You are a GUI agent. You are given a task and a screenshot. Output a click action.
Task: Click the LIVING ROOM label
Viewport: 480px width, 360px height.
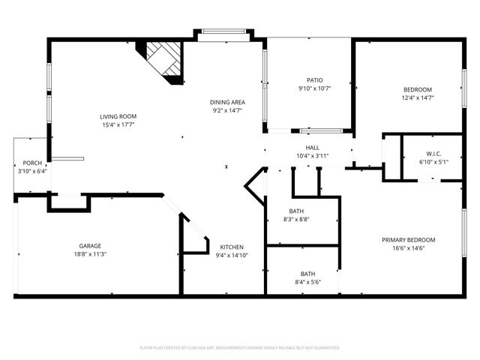click(118, 116)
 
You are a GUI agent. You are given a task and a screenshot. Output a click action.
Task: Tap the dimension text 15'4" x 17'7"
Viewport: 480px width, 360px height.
click(118, 125)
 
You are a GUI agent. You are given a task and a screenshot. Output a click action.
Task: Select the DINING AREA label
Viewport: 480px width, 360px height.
click(228, 102)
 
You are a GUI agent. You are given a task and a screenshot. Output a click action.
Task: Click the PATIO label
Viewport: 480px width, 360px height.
click(314, 79)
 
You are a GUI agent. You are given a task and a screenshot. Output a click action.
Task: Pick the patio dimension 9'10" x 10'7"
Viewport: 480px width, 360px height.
click(314, 88)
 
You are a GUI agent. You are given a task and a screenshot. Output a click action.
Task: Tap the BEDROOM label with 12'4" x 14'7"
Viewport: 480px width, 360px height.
click(418, 88)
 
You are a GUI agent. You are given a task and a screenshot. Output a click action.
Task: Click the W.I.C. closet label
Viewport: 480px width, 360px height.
click(433, 152)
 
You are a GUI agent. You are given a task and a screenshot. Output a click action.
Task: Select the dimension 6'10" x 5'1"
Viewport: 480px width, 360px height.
click(433, 161)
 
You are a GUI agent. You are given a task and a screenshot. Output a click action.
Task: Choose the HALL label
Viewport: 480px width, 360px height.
click(313, 148)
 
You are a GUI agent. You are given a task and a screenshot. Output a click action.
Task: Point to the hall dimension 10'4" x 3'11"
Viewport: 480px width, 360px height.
click(313, 156)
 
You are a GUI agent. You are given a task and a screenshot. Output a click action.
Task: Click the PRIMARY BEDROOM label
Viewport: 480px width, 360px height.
click(408, 240)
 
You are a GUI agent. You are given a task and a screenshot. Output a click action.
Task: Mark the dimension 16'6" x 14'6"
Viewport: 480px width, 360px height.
click(408, 249)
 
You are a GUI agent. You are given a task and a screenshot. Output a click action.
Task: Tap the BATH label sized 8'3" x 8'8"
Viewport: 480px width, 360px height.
click(296, 211)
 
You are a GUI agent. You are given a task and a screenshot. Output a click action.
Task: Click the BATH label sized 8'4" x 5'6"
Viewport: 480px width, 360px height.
click(308, 274)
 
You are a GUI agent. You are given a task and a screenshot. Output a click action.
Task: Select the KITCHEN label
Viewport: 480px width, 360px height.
click(231, 247)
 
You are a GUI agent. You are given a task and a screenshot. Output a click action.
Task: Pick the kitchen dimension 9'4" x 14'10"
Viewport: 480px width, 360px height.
click(231, 256)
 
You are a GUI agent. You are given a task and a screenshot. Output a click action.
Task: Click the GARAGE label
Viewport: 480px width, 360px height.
click(90, 245)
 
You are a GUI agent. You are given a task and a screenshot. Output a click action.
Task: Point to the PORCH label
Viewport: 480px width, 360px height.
click(32, 163)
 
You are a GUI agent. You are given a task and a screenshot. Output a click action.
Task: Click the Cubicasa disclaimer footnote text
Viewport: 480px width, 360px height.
click(240, 348)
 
